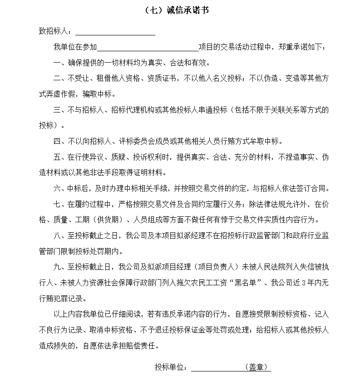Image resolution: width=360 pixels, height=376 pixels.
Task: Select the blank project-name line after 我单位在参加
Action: click(x=148, y=47)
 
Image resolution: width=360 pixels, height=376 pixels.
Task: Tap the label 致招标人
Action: click(x=54, y=32)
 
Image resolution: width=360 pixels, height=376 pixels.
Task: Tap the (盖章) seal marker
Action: click(x=257, y=366)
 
